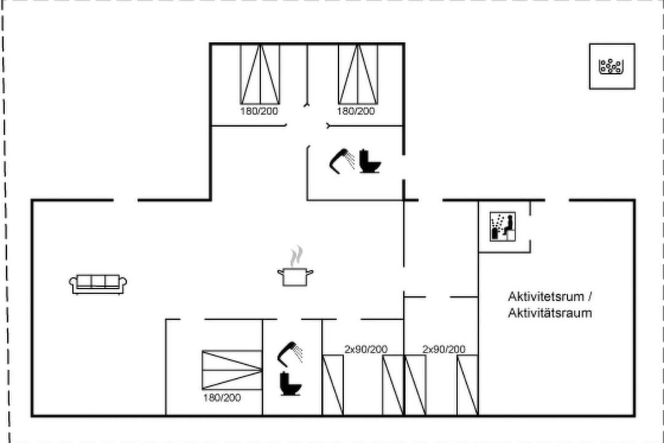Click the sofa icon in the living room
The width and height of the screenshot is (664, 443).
click(x=98, y=284)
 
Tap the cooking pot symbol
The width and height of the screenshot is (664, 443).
click(x=296, y=276)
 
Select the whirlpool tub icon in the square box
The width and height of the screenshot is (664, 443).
click(x=611, y=66)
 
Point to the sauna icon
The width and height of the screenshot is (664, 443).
click(x=503, y=227)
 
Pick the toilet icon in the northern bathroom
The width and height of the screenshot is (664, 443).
click(x=370, y=161)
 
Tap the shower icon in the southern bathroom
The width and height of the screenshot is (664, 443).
click(x=290, y=354)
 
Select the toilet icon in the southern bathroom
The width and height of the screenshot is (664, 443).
click(x=290, y=384)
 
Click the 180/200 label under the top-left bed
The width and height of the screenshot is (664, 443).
click(x=259, y=111)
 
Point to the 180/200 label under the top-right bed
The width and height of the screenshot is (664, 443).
click(x=356, y=111)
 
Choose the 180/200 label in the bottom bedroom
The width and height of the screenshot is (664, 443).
click(x=222, y=397)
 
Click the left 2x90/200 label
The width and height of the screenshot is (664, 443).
click(x=366, y=349)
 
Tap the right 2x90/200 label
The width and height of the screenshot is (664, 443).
click(x=444, y=349)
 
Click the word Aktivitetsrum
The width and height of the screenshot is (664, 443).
click(x=546, y=297)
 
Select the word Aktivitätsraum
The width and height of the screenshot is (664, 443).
click(x=550, y=313)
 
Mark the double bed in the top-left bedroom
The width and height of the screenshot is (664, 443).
click(x=260, y=74)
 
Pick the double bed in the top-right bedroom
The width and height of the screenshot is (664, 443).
click(x=358, y=74)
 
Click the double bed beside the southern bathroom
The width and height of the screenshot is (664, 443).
click(x=232, y=370)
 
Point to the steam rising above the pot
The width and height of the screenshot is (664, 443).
click(x=297, y=256)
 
